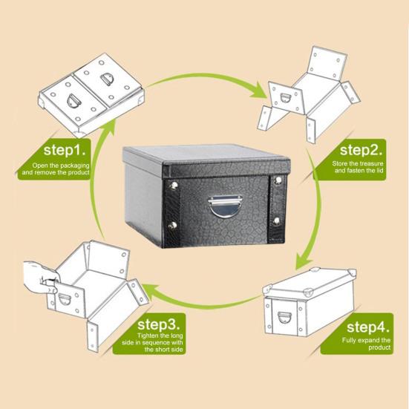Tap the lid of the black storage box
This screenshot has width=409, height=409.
tap(204, 158)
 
